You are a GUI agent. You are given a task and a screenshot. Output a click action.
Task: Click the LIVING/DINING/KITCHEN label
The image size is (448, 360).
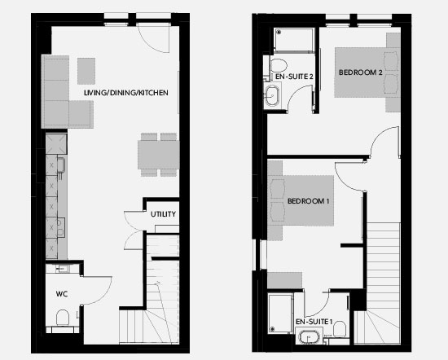coord(126,93)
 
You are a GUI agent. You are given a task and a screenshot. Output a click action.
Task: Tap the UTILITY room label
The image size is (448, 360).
coord(163,214)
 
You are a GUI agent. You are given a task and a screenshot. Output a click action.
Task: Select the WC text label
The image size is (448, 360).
coord(62,294)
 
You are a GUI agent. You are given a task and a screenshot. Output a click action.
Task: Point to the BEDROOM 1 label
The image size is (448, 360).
coord(308,201)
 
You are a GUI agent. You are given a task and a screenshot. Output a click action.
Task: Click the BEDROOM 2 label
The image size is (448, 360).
coord(360,72)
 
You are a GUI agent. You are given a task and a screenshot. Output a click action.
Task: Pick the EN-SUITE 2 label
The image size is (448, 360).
coord(294,77)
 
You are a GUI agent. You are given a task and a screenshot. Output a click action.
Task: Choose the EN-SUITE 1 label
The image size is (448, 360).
coord(314,322)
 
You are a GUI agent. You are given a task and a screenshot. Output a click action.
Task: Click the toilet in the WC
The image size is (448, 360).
coord(63,318)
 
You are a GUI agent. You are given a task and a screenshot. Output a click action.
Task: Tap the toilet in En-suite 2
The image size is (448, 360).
coord(279,65)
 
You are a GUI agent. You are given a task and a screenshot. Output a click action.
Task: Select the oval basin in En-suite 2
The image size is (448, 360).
coord(273,96)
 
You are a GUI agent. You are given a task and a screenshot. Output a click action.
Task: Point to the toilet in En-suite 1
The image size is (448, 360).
coord(340,329)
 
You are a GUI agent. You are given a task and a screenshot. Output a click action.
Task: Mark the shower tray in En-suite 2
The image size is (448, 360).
coord(294,40)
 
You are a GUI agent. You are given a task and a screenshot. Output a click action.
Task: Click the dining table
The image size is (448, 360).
coord(159,155)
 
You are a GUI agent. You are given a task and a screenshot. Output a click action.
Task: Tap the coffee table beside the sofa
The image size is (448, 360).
coord(86,71)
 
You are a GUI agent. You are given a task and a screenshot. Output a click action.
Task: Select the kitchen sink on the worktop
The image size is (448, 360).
coord(62,165)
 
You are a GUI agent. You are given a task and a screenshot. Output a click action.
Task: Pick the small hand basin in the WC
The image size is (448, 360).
coord(61,269)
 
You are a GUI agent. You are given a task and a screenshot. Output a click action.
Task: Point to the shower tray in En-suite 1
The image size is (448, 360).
coord(280,313)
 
